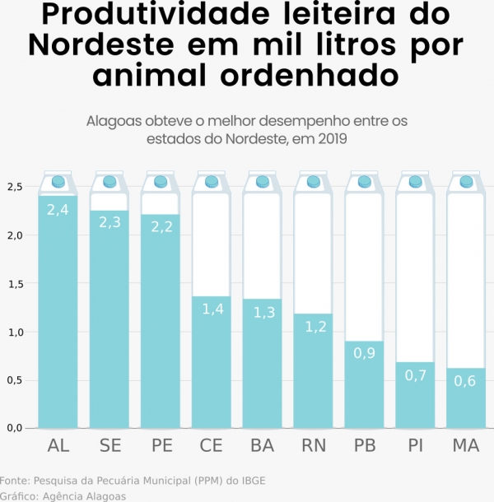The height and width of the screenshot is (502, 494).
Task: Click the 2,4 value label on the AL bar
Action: tap(58, 210)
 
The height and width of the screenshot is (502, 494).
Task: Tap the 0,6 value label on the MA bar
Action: tap(465, 380)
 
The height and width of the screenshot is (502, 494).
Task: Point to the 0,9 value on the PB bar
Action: tap(363, 354)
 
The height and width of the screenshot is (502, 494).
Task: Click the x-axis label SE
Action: tap(110, 447)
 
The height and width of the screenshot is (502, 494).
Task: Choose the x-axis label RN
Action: tap(313, 447)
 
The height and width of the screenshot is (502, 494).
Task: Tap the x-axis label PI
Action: tap(414, 447)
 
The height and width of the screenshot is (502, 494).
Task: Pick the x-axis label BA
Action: tap(262, 447)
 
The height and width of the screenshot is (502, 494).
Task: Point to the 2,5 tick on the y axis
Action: tap(15, 187)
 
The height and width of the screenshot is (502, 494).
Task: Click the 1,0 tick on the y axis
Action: tap(15, 332)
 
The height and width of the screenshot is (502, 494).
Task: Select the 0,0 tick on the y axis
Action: tap(15, 428)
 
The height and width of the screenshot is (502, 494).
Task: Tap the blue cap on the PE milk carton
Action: tap(160, 181)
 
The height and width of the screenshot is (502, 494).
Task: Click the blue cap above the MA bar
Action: tap(465, 181)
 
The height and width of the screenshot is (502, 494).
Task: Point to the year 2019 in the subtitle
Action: tap(331, 139)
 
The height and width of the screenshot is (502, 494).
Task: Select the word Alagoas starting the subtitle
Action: tap(114, 121)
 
